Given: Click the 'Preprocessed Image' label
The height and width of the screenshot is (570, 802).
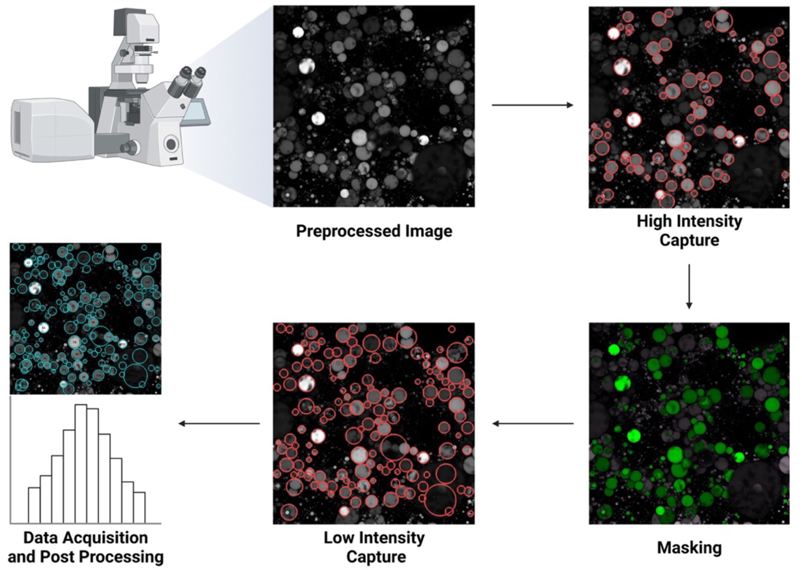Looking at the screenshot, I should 374,231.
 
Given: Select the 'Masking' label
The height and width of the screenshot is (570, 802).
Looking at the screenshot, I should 689,547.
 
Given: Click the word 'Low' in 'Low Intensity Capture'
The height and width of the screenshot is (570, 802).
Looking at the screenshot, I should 339,538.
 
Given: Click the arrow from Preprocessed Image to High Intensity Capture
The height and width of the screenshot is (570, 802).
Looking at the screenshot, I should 532,105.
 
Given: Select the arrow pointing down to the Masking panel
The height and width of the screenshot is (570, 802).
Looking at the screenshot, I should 689,286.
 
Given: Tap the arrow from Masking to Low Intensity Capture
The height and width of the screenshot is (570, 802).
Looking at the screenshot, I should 532,423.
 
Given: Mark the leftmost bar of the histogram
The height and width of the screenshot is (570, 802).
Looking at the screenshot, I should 34,505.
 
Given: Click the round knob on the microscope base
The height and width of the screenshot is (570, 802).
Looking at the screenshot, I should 171,143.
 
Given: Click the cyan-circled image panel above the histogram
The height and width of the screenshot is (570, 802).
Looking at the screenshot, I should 85,318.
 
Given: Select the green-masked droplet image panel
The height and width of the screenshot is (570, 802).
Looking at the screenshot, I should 689,423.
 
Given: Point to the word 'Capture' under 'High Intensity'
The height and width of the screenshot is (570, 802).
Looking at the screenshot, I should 689,240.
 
